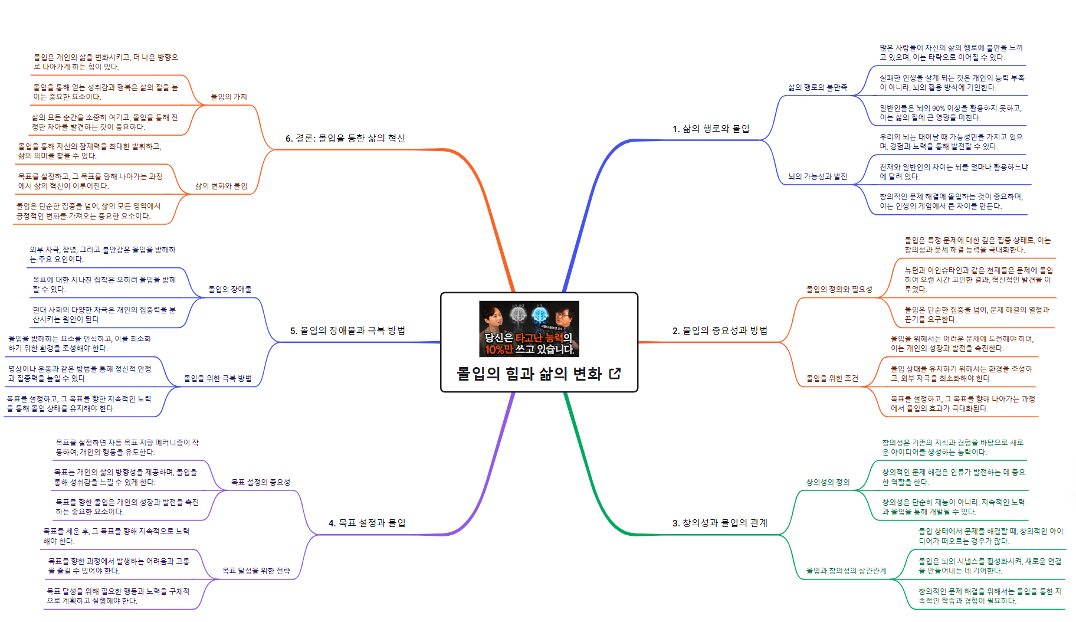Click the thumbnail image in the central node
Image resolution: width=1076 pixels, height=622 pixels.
click(529, 329)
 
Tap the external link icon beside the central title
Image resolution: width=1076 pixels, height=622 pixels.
click(615, 374)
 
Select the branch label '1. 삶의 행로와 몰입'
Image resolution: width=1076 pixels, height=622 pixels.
click(711, 129)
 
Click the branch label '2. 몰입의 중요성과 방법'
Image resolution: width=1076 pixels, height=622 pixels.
click(720, 330)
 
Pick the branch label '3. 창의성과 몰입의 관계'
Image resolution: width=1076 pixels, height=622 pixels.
click(720, 523)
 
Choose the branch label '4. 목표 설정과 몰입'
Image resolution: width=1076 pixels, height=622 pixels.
click(367, 523)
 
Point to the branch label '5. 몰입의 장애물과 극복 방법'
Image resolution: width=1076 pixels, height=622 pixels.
click(347, 330)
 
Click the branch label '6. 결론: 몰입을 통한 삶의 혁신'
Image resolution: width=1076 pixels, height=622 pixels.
click(345, 138)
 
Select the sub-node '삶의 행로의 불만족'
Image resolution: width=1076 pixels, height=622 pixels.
click(818, 87)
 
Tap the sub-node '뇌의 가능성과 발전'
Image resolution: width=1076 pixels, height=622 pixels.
click(818, 176)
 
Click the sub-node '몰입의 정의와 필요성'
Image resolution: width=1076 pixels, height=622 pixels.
click(839, 289)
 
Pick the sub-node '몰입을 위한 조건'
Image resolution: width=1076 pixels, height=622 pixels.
click(832, 378)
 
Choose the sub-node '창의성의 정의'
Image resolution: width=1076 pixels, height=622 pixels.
click(828, 482)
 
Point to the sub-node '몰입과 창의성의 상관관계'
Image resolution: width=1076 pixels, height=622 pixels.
click(846, 571)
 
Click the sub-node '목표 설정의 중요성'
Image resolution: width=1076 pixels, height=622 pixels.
click(261, 482)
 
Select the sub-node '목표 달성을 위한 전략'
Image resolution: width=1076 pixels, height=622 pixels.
click(256, 571)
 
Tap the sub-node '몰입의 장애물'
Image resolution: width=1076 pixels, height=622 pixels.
click(230, 289)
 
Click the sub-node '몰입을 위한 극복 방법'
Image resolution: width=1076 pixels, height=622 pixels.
click(218, 378)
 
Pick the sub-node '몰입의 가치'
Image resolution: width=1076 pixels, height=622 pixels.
click(229, 97)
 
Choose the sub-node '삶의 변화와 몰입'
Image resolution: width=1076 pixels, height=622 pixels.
click(221, 186)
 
